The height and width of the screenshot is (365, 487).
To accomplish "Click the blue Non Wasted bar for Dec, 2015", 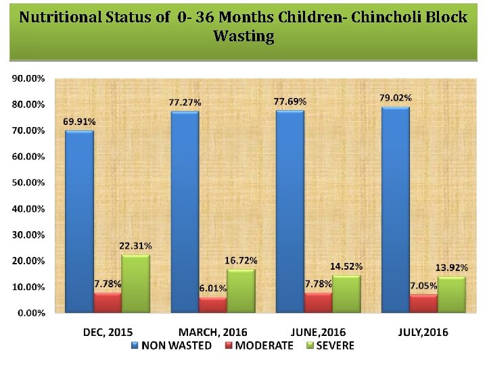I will pyautogui.click(x=79, y=221).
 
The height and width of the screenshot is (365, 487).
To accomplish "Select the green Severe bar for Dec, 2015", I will pyautogui.click(x=136, y=284).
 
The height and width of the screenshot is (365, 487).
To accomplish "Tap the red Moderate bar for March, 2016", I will pyautogui.click(x=213, y=305).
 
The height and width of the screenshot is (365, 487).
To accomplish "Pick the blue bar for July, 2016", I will pyautogui.click(x=396, y=210).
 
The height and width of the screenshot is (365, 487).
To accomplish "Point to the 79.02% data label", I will pyautogui.click(x=396, y=98).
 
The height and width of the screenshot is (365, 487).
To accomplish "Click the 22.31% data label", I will pyautogui.click(x=136, y=245).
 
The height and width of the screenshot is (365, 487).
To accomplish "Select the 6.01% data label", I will pyautogui.click(x=213, y=289).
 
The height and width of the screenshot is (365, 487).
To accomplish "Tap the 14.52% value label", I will pyautogui.click(x=346, y=266).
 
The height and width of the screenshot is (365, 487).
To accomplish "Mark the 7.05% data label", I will pyautogui.click(x=423, y=285).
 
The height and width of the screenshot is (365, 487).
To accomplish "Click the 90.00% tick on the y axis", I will pyautogui.click(x=28, y=78).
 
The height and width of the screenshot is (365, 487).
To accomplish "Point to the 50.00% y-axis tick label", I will pyautogui.click(x=28, y=182).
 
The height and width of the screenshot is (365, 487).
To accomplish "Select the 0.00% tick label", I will pyautogui.click(x=30, y=313).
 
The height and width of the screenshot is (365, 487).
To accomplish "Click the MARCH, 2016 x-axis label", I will pyautogui.click(x=213, y=332).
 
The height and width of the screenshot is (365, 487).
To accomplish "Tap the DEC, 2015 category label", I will pyautogui.click(x=108, y=332).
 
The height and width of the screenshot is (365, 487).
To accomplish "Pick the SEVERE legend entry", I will pyautogui.click(x=331, y=345).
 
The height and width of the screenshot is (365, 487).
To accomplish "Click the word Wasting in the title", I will pyautogui.click(x=243, y=36).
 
